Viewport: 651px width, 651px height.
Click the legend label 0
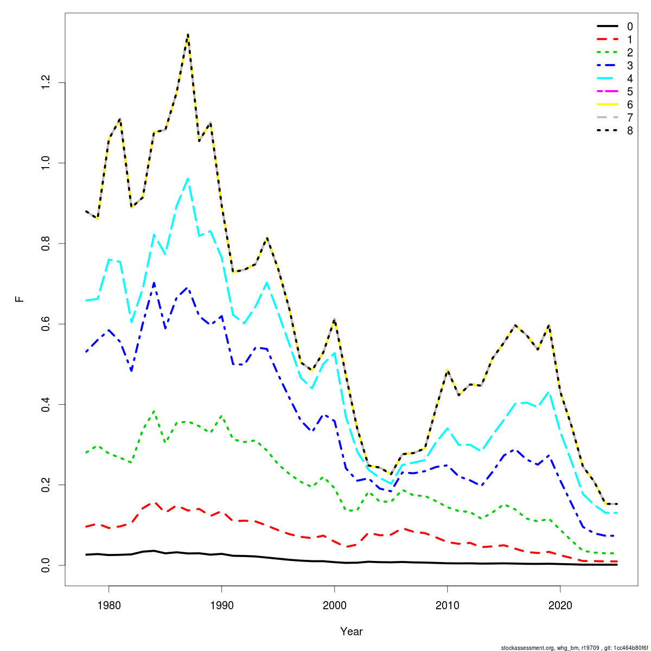pos(629,27)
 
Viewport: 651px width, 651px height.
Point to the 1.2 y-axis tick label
pos(46,82)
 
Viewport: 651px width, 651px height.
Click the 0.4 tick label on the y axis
pos(46,404)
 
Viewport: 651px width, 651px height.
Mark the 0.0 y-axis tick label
pos(46,565)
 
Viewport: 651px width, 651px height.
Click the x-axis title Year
pos(352,631)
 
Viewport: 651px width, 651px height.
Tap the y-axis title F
pos(20,299)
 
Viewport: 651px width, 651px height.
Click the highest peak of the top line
pos(188,34)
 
